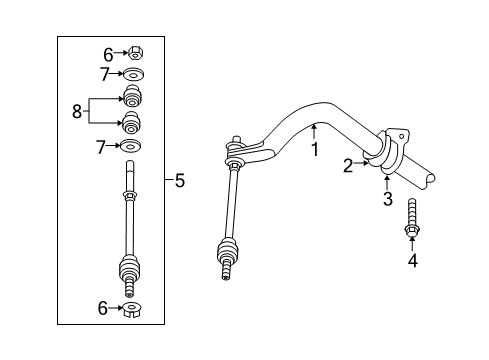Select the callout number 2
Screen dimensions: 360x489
pyautogui.click(x=349, y=166)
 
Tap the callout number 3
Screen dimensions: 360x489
pyautogui.click(x=386, y=201)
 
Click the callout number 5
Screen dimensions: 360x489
pyautogui.click(x=179, y=181)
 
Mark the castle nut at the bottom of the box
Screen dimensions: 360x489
pyautogui.click(x=131, y=311)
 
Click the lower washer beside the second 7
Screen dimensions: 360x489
pyautogui.click(x=131, y=148)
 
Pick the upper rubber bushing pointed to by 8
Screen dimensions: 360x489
pyautogui.click(x=131, y=98)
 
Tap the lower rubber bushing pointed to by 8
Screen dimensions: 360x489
pyautogui.click(x=131, y=126)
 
